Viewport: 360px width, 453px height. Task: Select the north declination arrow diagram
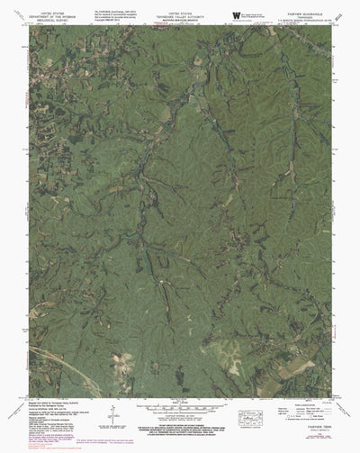[x=110, y=422]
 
